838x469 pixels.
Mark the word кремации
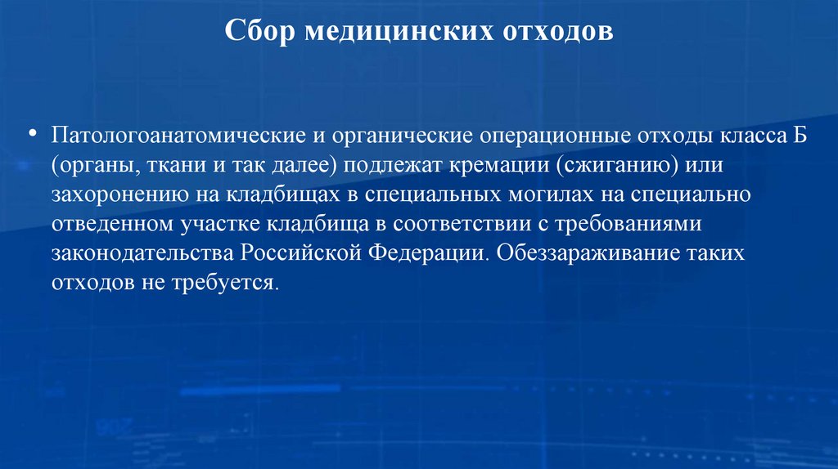498,166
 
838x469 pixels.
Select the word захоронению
117,196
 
